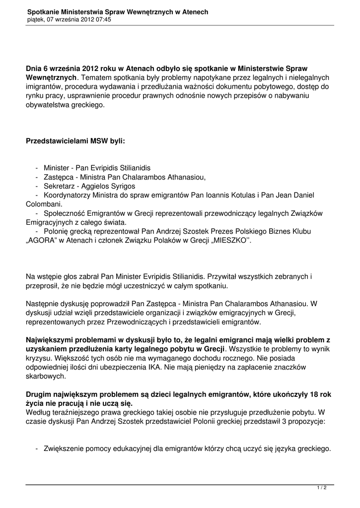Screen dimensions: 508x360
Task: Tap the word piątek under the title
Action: [x=36, y=20]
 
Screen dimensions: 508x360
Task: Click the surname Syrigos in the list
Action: [x=121, y=186]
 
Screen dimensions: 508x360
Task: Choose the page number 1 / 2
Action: [x=322, y=488]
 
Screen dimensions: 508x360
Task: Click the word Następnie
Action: [x=43, y=304]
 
